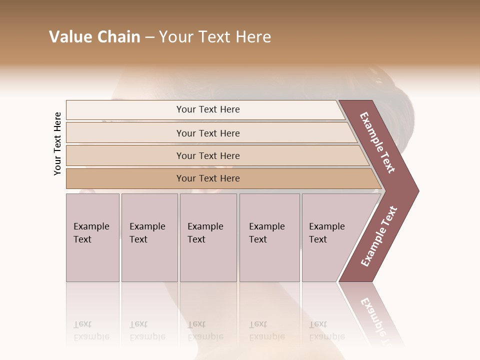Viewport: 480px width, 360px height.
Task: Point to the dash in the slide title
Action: click(149, 37)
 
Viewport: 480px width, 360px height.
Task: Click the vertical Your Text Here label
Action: click(57, 143)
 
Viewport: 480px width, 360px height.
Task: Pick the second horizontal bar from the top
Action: click(208, 133)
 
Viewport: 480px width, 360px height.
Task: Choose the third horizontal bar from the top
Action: click(208, 155)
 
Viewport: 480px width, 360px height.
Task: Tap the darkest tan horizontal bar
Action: click(208, 178)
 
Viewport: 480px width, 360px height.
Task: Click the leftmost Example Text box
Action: click(92, 237)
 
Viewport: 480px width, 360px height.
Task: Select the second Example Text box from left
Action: click(149, 237)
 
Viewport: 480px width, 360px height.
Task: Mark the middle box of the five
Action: click(208, 237)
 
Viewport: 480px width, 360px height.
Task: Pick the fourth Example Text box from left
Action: click(269, 237)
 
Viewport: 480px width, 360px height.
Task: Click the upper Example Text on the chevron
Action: click(377, 142)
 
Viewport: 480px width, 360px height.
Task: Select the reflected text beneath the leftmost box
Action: click(91, 330)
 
